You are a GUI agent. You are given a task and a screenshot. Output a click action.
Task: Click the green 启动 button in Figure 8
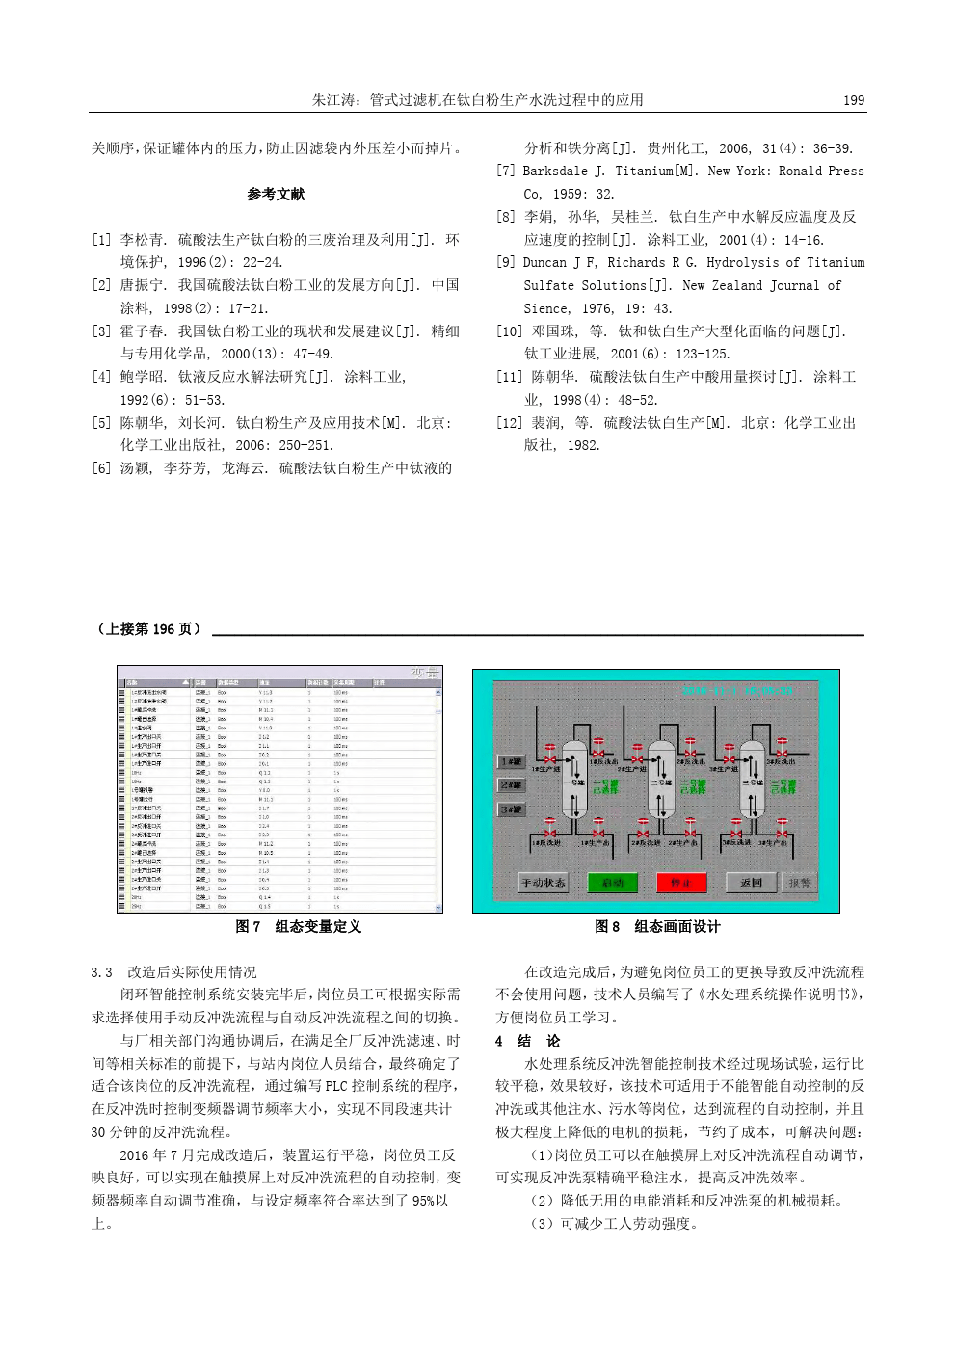(613, 882)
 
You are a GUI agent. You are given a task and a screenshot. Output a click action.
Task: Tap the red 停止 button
(681, 882)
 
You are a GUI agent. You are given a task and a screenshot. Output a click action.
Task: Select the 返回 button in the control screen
(751, 882)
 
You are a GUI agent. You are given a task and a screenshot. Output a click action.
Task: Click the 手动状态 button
(544, 882)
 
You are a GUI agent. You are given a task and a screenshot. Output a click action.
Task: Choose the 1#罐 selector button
(511, 761)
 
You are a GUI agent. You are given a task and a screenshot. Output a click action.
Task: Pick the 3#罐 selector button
(511, 809)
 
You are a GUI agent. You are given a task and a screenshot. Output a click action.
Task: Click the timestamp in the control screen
(737, 691)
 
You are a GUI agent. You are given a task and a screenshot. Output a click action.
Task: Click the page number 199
(853, 100)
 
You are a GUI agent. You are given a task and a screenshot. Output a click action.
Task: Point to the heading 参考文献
(276, 195)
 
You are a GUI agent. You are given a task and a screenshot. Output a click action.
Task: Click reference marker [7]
(506, 172)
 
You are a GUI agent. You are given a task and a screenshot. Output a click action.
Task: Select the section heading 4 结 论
(527, 1041)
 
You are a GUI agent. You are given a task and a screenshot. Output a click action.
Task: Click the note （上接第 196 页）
(149, 629)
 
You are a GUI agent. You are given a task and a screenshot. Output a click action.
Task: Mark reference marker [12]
(510, 423)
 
